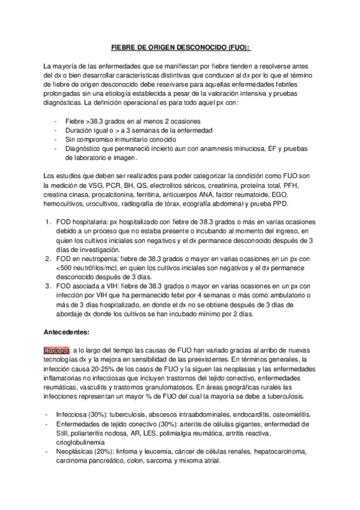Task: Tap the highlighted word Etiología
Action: (56, 349)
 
